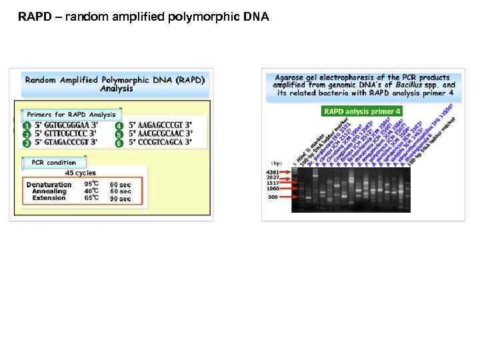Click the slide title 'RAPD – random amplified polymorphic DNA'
pyautogui.click(x=143, y=17)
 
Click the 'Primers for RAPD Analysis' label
pyautogui.click(x=71, y=114)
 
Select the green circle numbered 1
pyautogui.click(x=27, y=125)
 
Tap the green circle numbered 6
pyautogui.click(x=119, y=142)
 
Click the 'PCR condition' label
pyautogui.click(x=53, y=162)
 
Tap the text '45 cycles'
pyautogui.click(x=80, y=173)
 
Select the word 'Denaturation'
pyautogui.click(x=49, y=185)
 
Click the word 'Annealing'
pyautogui.click(x=49, y=191)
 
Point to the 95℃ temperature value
pyautogui.click(x=91, y=185)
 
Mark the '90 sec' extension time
pyautogui.click(x=120, y=198)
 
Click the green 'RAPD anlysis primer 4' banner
pyautogui.click(x=362, y=111)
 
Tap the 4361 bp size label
pyautogui.click(x=272, y=173)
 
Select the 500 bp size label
pyautogui.click(x=273, y=197)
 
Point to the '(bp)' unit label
pyautogui.click(x=274, y=161)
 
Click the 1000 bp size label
pyautogui.click(x=272, y=189)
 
